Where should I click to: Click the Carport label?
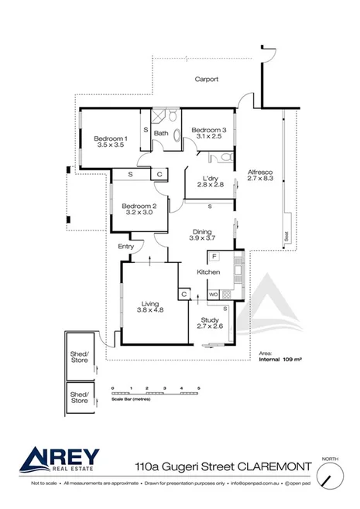(205, 79)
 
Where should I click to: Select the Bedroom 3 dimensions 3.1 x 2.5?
(207, 137)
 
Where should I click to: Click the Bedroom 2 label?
(139, 205)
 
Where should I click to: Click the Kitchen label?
(208, 272)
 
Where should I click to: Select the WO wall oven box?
(212, 294)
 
